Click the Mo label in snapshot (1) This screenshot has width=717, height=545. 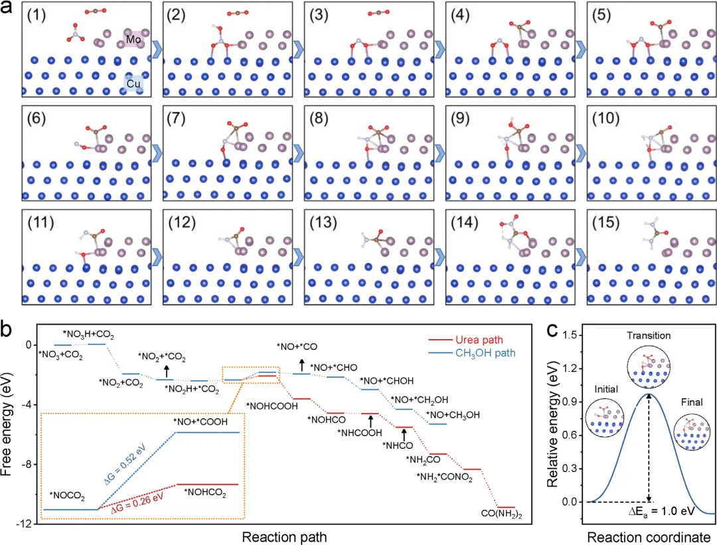click(x=134, y=40)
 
